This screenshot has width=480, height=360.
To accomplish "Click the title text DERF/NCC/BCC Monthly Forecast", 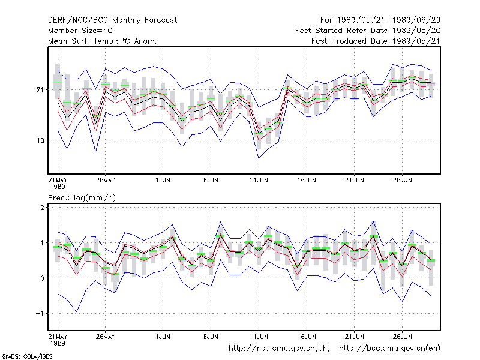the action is (x=112, y=20).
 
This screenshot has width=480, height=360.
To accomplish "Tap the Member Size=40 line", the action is (x=80, y=31).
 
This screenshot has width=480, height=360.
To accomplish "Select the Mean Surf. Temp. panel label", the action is (x=103, y=41).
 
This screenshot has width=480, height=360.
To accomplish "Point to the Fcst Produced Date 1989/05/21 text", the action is (x=376, y=41).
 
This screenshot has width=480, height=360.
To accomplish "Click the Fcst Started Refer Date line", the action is (x=368, y=31).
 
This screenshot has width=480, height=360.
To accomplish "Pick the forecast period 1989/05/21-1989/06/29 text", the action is (x=380, y=20).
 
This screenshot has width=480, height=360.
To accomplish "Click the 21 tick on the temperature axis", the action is (x=40, y=89).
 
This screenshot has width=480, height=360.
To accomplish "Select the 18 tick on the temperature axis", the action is (x=40, y=140).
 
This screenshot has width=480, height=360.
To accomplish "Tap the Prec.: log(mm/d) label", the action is (x=82, y=198).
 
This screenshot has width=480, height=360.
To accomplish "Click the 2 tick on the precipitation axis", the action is (x=42, y=208).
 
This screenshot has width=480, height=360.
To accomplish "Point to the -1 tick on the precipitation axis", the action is (x=40, y=313).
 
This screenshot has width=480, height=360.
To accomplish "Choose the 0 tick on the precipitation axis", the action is (x=42, y=278).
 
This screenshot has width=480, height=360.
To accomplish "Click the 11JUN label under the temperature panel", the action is (x=259, y=180).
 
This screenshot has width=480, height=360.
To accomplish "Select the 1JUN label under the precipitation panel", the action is (x=163, y=337).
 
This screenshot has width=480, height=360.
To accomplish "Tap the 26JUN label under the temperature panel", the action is (x=402, y=180).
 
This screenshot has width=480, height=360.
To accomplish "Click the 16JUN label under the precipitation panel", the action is (x=307, y=337).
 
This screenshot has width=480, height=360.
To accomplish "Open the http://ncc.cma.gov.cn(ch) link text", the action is (x=279, y=349).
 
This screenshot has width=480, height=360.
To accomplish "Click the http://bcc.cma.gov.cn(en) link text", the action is (x=389, y=349).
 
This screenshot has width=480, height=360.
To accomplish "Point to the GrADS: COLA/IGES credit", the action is (x=27, y=356).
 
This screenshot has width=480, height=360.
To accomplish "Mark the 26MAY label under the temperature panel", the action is (x=106, y=180).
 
